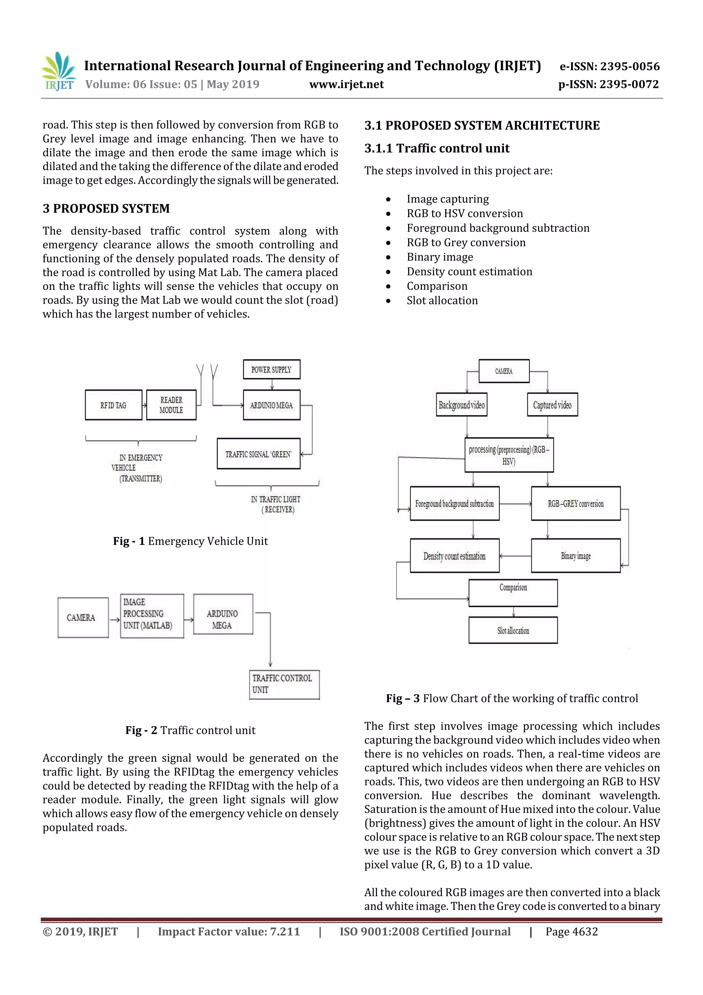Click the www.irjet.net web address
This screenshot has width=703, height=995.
(x=346, y=84)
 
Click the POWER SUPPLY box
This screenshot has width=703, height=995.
(x=272, y=370)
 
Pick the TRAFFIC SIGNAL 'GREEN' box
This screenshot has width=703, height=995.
(x=258, y=454)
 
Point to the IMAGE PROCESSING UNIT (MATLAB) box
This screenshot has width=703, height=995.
(x=152, y=616)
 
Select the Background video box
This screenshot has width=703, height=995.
(x=461, y=405)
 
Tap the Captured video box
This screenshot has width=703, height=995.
(x=552, y=405)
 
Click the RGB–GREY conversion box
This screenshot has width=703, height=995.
(x=576, y=504)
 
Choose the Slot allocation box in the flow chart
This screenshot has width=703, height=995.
(x=513, y=630)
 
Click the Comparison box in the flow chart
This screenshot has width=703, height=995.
(x=513, y=592)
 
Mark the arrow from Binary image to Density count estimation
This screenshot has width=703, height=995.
(x=516, y=556)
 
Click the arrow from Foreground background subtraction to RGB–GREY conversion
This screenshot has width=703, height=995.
(x=516, y=504)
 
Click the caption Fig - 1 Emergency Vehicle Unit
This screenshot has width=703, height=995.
(x=191, y=541)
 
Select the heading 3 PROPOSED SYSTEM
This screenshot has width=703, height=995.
(x=106, y=208)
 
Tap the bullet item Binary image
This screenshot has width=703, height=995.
(x=440, y=257)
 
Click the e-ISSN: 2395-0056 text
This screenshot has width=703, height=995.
(x=609, y=66)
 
